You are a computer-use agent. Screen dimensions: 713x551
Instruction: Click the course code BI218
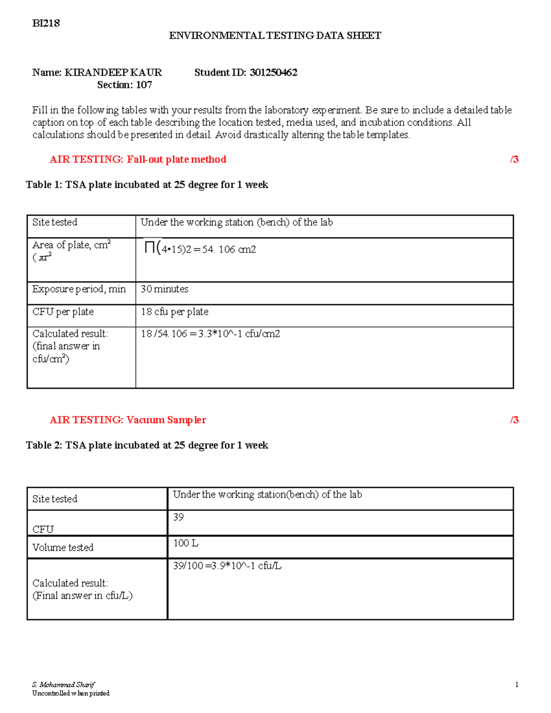click(46, 23)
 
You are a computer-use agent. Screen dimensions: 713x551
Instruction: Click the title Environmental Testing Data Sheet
click(275, 36)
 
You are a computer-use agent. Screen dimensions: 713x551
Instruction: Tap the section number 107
click(144, 85)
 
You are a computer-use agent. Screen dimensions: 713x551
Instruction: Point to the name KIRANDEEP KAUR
click(113, 73)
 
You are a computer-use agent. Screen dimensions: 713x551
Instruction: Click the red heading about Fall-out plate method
click(138, 159)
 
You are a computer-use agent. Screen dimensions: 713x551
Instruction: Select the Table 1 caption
click(147, 185)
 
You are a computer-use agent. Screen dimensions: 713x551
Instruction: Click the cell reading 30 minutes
click(164, 289)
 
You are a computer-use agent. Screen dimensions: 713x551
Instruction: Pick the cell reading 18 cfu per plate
click(174, 312)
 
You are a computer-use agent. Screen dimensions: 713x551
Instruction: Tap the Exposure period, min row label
click(79, 289)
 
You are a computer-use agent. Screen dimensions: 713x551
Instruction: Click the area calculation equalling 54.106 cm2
click(200, 249)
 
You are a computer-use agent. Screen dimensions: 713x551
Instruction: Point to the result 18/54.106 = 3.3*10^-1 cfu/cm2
click(210, 334)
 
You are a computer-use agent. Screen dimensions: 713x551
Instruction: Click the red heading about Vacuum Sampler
click(128, 420)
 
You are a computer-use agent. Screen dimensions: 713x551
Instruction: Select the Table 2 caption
click(147, 445)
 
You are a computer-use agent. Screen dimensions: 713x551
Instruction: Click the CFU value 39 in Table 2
click(178, 517)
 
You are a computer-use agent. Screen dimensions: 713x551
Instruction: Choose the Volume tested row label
click(63, 547)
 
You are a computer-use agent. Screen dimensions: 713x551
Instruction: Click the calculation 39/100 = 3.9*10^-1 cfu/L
click(227, 566)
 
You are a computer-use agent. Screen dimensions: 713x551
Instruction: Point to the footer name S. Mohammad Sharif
click(63, 685)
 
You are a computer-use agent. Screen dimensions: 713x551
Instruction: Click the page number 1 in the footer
click(517, 685)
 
